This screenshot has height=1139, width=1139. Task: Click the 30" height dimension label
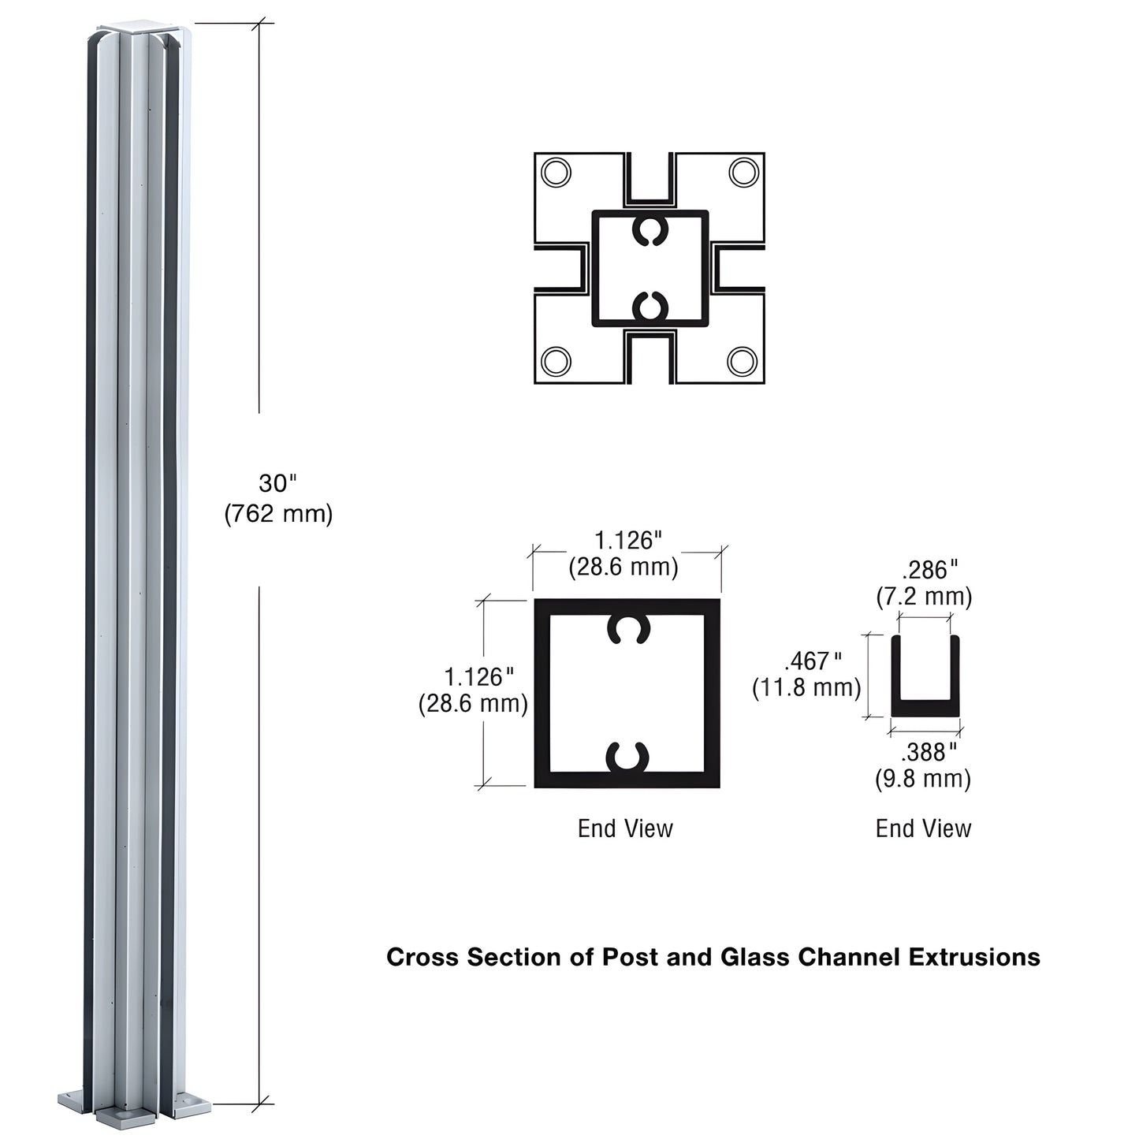[x=277, y=483]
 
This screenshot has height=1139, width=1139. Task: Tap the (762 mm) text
[x=278, y=514]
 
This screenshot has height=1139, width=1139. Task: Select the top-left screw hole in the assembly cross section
[x=556, y=172]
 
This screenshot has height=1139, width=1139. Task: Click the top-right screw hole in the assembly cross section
[x=743, y=172]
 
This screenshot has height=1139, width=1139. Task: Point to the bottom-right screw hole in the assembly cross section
[x=743, y=361]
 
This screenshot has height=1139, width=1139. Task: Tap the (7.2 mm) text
[x=924, y=597]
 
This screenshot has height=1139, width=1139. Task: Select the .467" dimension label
[x=813, y=660]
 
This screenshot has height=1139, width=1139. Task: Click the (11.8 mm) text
[x=806, y=687]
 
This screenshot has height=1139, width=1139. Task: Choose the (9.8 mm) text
[x=923, y=780]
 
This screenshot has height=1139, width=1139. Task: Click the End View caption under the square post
[x=625, y=828]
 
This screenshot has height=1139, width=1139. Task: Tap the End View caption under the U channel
[x=923, y=828]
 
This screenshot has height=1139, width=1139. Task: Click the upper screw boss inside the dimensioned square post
[x=628, y=628]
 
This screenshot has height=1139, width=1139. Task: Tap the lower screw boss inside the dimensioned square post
[x=627, y=757]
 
